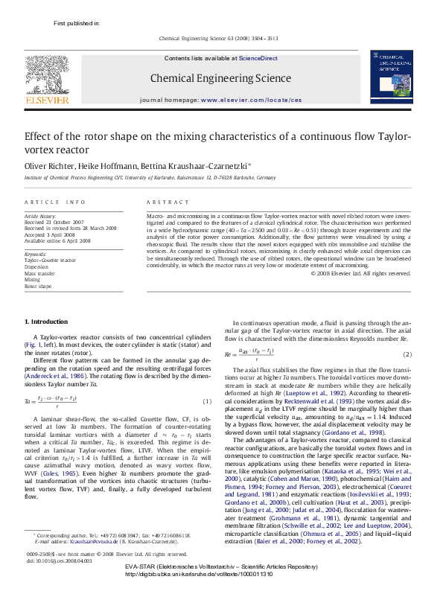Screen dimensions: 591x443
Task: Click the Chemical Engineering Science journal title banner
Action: coord(220,77)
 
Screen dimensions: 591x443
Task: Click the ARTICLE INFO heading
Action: coord(54,202)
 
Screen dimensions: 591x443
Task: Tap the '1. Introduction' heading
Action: coord(46,321)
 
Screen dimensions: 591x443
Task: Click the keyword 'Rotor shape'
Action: coord(38,286)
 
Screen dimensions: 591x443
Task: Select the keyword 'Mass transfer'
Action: coord(40,273)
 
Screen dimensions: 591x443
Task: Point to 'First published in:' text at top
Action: coord(77,23)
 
